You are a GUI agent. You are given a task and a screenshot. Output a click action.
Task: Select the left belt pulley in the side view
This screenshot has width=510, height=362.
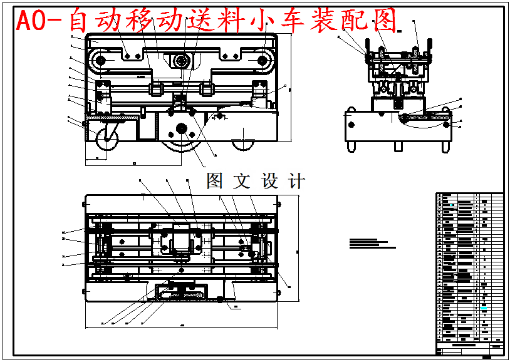[x=98, y=61]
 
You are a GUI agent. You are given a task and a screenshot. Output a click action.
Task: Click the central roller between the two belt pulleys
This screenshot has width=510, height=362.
[x=182, y=61]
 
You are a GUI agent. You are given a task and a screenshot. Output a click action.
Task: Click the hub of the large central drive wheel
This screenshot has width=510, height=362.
[x=182, y=128]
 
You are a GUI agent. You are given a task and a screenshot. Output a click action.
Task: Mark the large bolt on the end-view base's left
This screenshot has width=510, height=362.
[x=351, y=125]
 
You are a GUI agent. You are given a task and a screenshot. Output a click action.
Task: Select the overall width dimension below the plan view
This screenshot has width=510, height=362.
[x=182, y=326]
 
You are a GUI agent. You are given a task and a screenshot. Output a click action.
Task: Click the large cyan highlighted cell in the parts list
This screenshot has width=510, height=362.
[x=484, y=308]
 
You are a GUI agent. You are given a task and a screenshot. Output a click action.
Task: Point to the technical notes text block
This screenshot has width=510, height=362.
[x=372, y=243]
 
